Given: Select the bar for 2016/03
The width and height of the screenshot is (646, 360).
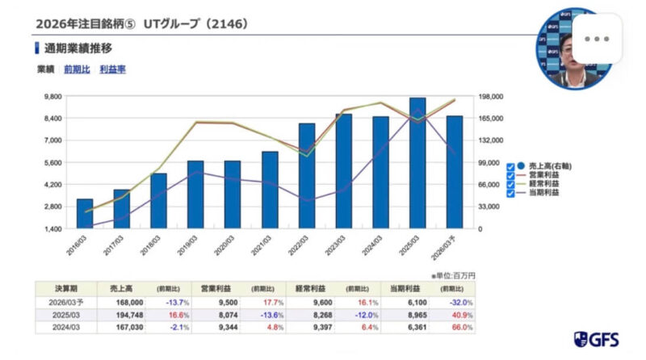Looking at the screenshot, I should point(85,213).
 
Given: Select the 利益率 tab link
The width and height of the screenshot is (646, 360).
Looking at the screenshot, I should point(112,69).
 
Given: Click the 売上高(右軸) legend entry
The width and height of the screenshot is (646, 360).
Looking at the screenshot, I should point(539,164).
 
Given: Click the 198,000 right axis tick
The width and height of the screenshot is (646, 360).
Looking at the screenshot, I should point(492,96).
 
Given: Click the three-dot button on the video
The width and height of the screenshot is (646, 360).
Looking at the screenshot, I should point(597,39).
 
